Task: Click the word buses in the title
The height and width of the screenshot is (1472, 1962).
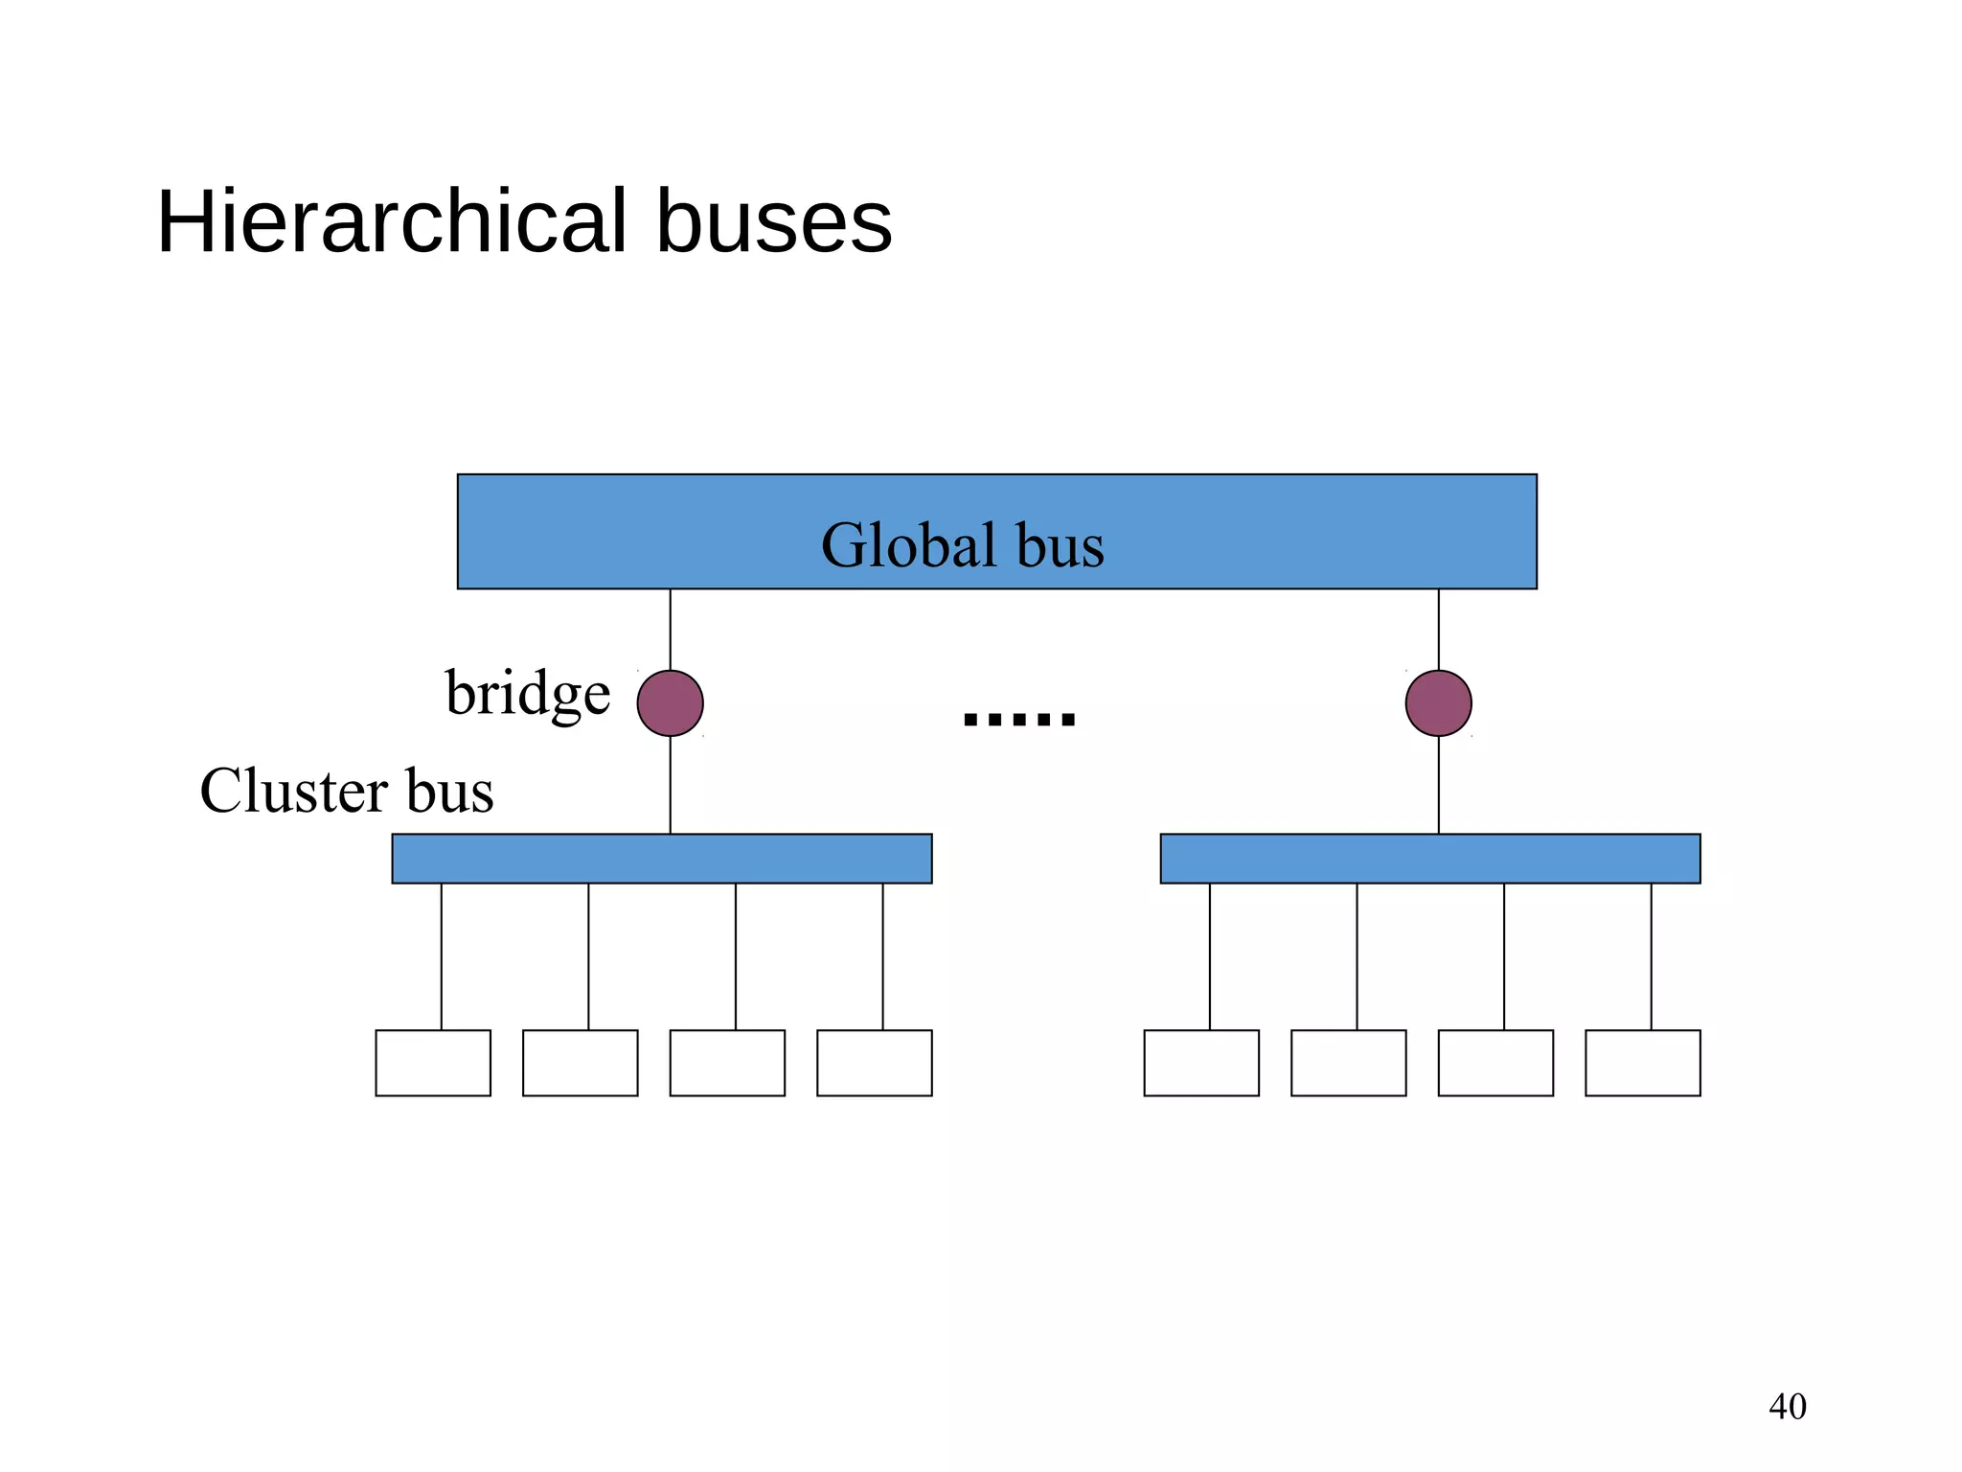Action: coord(773,222)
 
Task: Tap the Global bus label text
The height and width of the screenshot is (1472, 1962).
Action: coord(962,545)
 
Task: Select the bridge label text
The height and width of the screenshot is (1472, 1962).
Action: coord(527,694)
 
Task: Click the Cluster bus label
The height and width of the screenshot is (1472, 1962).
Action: coord(346,792)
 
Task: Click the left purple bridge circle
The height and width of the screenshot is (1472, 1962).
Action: coord(670,703)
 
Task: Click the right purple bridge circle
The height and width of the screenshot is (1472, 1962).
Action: coord(1438,703)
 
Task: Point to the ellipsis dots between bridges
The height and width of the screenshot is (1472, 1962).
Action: coord(1019,718)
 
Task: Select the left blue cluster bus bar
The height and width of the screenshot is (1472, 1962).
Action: coord(661,859)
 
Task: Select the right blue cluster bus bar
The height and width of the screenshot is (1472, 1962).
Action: coord(1429,859)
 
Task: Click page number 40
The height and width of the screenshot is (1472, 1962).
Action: coord(1787,1407)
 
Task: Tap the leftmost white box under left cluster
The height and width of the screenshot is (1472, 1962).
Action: coord(433,1063)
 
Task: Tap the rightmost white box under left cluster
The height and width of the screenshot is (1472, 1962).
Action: coord(874,1063)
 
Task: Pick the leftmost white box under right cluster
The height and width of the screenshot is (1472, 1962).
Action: coord(1201,1063)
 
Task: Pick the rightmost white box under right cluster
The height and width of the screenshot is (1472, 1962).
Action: coord(1642,1063)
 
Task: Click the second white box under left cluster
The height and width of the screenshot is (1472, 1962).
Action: coord(580,1063)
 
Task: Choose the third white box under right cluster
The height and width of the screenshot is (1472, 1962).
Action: coord(1495,1063)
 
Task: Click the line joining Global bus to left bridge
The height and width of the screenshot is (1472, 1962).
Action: coord(670,629)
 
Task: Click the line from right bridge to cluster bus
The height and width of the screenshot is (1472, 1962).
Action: coord(1438,786)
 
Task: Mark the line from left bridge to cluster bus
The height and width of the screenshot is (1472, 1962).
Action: coord(670,786)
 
